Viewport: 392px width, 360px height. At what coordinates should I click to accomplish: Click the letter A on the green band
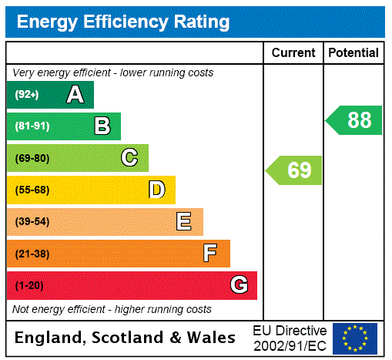(x=75, y=95)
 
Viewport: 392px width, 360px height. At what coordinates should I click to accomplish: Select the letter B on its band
(x=102, y=126)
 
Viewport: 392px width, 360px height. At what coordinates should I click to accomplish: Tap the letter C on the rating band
(x=129, y=158)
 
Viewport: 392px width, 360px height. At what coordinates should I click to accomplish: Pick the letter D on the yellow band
(x=156, y=190)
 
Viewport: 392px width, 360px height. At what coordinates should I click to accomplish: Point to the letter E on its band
(x=184, y=222)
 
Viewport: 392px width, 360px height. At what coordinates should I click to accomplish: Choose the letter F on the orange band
(x=209, y=254)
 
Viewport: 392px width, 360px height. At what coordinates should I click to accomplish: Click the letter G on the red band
(x=239, y=285)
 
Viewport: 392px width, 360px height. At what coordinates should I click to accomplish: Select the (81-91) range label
(x=32, y=126)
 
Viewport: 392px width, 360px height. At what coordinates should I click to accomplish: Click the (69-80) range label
(x=32, y=158)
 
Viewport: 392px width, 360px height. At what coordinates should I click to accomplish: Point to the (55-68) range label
(x=32, y=190)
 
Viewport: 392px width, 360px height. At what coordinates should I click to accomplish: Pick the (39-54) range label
(x=32, y=222)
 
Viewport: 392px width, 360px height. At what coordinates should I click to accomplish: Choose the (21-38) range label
(x=32, y=254)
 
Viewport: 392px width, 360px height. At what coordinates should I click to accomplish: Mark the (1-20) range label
(x=29, y=285)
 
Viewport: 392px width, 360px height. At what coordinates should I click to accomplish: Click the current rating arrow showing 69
(x=295, y=170)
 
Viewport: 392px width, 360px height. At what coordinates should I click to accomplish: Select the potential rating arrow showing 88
(x=355, y=120)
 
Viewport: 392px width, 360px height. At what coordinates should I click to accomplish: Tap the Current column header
(x=293, y=53)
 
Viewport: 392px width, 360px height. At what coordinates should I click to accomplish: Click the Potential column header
(x=353, y=53)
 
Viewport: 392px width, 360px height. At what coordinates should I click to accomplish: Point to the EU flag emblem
(x=355, y=338)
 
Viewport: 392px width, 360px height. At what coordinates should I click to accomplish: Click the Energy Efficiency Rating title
(x=123, y=22)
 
